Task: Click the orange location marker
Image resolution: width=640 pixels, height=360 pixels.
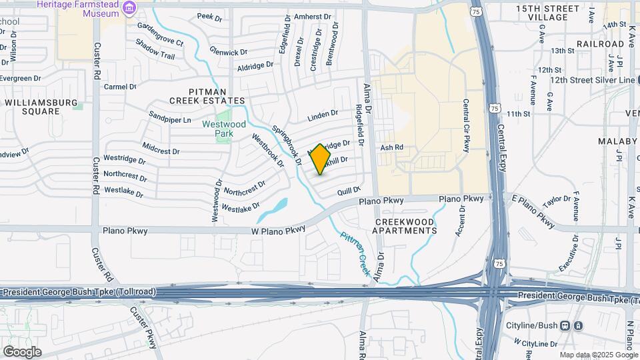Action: pos(321,159)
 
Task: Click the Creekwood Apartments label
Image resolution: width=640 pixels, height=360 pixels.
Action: pos(405,226)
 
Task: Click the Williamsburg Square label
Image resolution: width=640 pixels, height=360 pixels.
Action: pos(32,107)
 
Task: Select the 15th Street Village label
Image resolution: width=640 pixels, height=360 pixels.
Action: pos(547,13)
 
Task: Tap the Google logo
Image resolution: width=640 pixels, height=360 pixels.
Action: pos(22,351)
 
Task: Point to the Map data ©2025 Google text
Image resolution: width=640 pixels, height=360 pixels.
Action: pos(598,355)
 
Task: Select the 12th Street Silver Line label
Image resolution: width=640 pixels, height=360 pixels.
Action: pos(593,80)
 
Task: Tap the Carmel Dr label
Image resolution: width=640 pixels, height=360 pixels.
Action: pos(120,87)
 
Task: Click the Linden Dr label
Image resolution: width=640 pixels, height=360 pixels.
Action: pos(323,117)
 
